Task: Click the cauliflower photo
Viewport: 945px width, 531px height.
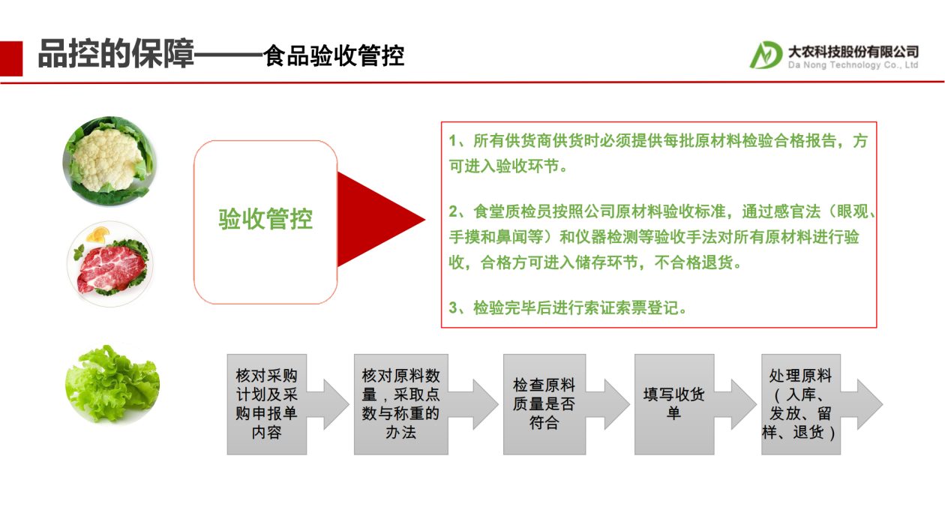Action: (x=109, y=161)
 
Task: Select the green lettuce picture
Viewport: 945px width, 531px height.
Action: (x=112, y=384)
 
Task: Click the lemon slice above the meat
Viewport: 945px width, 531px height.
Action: (x=97, y=235)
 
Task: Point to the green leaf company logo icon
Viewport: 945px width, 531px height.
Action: (x=765, y=55)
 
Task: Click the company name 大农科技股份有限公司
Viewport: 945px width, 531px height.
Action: (x=853, y=52)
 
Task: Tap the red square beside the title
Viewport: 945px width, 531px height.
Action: (x=11, y=58)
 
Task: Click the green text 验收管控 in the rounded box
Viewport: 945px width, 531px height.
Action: (x=265, y=219)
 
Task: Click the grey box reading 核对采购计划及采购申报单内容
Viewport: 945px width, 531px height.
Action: (x=267, y=404)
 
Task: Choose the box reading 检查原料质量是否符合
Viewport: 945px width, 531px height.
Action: (x=544, y=404)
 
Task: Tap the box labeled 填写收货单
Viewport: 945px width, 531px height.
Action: (x=674, y=404)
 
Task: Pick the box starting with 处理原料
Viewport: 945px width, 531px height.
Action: (x=801, y=404)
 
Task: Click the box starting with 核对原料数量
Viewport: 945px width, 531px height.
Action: (x=400, y=404)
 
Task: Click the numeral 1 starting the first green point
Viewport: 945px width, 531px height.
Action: (x=453, y=141)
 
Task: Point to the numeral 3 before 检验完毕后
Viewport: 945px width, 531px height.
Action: (x=453, y=308)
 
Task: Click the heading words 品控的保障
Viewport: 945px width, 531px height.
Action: (x=115, y=53)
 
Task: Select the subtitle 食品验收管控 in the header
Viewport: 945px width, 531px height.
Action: (x=333, y=55)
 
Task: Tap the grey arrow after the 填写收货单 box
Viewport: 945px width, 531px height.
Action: (x=735, y=404)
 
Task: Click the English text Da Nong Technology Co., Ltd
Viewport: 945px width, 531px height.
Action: (x=853, y=65)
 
